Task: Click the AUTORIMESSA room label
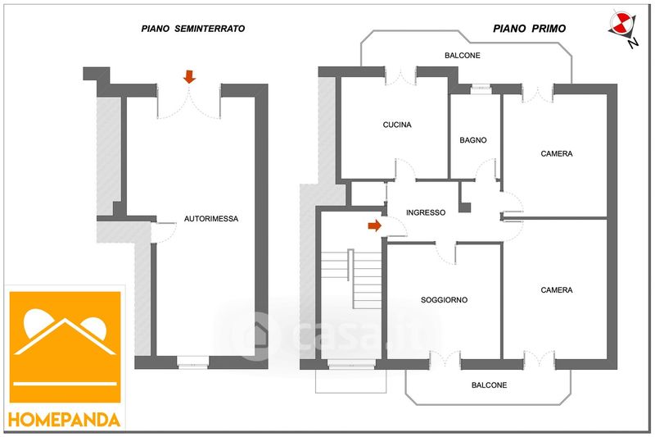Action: tap(211, 219)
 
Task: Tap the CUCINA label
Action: tap(397, 125)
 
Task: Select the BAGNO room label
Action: tap(473, 140)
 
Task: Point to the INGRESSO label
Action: tap(426, 212)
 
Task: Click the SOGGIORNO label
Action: tap(444, 300)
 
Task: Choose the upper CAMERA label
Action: tap(557, 153)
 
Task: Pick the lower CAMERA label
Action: tap(557, 289)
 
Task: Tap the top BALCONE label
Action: tap(463, 56)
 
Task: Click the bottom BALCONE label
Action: tap(489, 385)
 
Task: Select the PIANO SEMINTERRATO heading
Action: tap(193, 29)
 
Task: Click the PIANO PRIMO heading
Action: tap(530, 28)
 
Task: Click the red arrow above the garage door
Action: tap(189, 77)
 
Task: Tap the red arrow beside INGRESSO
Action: tap(375, 225)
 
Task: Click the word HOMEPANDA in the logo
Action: tap(65, 419)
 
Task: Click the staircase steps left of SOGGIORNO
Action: tap(352, 279)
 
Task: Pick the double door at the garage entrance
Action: tap(189, 101)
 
